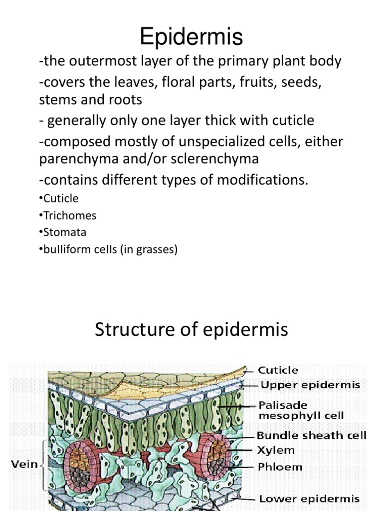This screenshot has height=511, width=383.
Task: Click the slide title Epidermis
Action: [x=191, y=37]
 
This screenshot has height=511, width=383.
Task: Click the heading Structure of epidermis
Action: [x=191, y=329]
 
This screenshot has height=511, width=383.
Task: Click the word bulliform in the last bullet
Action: [x=63, y=249]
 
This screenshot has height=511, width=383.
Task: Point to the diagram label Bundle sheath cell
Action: [x=312, y=436]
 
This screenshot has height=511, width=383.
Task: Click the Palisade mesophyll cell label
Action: [x=301, y=410]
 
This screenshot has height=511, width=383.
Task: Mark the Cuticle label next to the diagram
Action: [x=278, y=370]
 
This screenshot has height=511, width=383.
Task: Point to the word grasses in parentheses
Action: [x=156, y=249]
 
